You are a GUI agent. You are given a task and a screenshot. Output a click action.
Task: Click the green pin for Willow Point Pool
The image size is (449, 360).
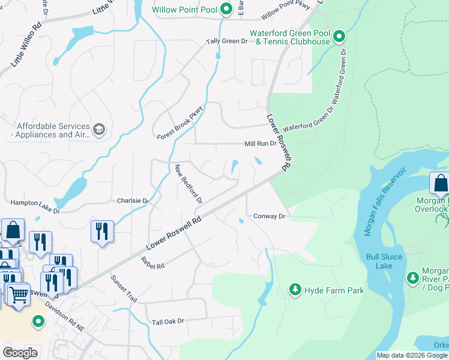point(226,9)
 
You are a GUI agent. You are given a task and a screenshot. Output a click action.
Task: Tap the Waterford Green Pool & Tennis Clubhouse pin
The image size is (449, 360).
point(339,37)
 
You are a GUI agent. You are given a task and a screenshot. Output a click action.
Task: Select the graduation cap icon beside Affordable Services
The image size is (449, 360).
point(99,130)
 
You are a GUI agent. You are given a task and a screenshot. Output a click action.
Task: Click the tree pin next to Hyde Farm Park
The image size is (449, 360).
point(295,290)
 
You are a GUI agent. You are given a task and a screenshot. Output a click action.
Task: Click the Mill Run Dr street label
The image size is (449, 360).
point(260,144)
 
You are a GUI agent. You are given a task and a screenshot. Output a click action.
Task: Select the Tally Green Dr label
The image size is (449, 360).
point(227,41)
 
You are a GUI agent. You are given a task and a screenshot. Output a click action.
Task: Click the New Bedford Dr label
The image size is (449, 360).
point(188,183)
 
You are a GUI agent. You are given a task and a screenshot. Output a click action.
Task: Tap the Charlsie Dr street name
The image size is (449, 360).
point(133,200)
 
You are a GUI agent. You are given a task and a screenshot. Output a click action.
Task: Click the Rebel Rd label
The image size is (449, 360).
point(152,261)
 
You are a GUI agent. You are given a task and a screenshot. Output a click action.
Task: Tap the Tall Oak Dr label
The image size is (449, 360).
point(167,322)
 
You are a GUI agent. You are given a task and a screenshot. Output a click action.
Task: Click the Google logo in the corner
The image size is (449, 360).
point(20,353)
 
